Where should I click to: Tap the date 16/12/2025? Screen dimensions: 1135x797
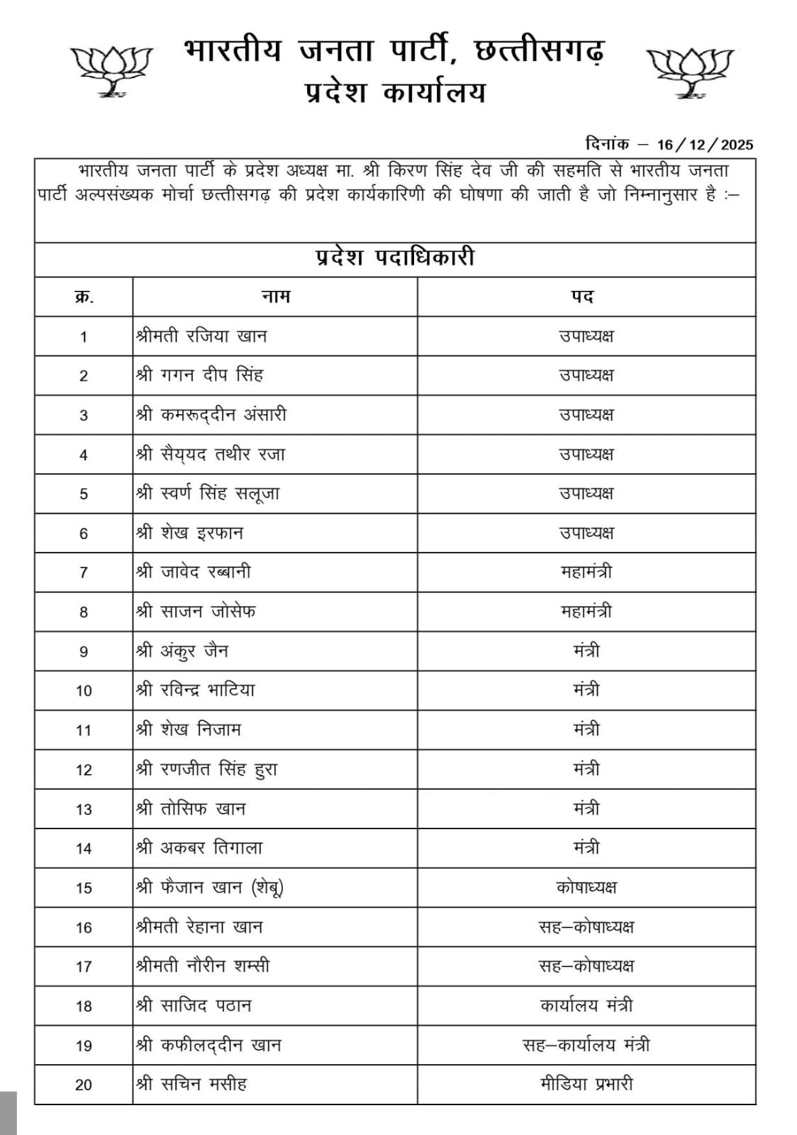point(705,145)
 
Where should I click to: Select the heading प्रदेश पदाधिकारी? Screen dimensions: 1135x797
point(395,258)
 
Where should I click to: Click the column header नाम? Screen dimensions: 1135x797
point(276,297)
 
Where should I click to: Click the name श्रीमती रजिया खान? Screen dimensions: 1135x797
point(201,336)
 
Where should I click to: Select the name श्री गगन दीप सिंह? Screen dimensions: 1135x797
point(199,375)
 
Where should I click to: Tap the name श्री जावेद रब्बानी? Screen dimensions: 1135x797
point(193,572)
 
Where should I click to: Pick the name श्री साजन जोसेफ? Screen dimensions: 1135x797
point(196,611)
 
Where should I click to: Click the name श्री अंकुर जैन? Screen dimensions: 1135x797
point(182,650)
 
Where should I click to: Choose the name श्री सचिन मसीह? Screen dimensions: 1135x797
point(191,1084)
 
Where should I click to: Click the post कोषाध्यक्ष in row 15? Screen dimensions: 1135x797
point(586,887)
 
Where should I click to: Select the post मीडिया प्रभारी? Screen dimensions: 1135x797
point(586,1084)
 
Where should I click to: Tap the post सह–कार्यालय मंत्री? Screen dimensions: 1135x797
point(586,1045)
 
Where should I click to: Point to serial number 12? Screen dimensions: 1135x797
point(84,770)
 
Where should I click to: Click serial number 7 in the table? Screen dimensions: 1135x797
point(84,572)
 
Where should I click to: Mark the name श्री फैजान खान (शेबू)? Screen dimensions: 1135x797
point(210,887)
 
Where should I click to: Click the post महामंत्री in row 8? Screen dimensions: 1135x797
point(586,611)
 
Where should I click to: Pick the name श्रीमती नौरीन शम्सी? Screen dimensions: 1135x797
point(203,966)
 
